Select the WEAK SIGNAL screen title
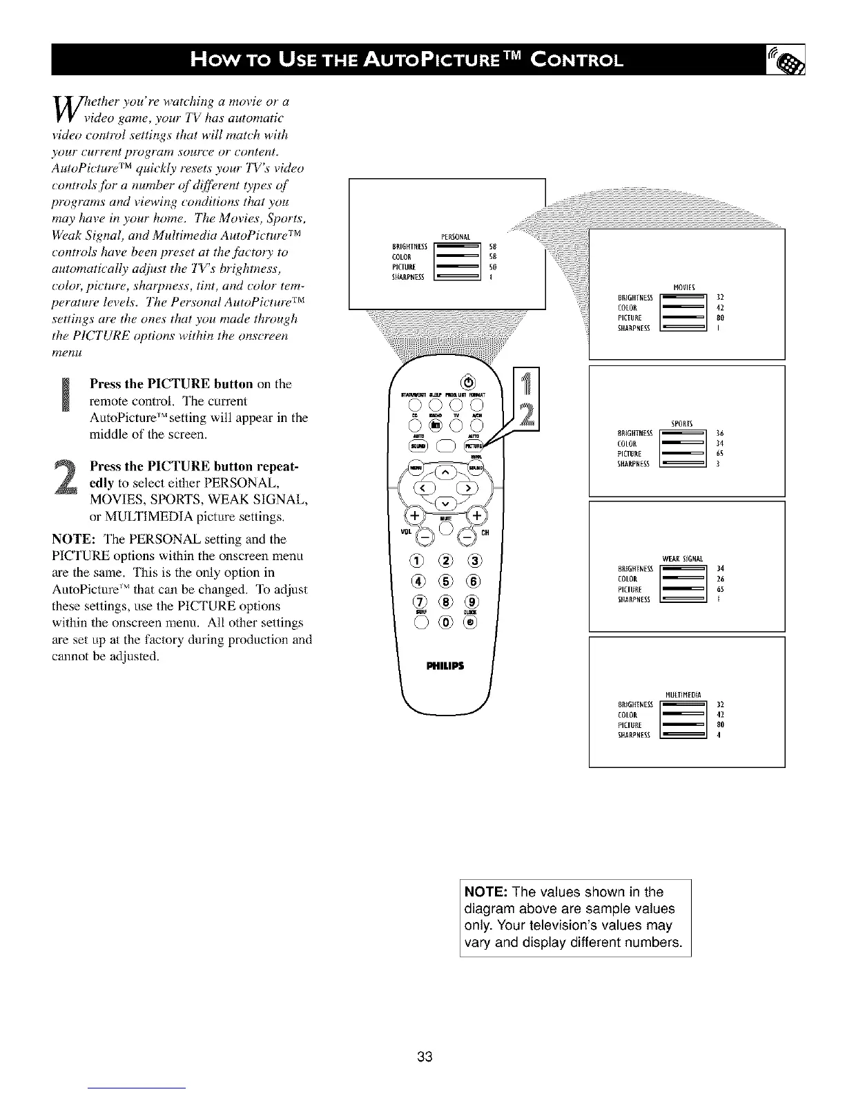point(682,558)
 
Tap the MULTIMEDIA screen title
point(683,694)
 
